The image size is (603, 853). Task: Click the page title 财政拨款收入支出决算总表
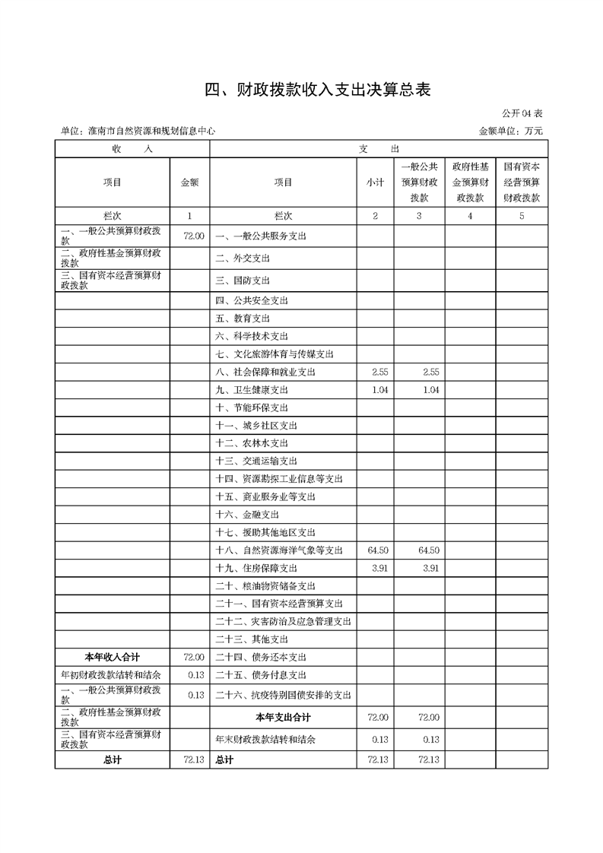[x=318, y=90]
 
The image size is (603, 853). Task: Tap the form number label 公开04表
[x=522, y=113]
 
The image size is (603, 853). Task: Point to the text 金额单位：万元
[x=511, y=131]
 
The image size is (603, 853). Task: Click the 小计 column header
[x=374, y=182]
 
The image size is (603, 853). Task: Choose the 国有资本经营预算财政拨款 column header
[x=521, y=182]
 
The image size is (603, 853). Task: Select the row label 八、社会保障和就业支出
[x=265, y=372]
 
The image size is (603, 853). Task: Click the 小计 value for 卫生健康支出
[x=377, y=390]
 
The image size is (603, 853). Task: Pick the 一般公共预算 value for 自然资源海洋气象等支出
[x=429, y=550]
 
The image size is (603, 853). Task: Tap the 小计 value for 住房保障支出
[x=379, y=568]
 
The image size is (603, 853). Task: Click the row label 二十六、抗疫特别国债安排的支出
[x=283, y=695]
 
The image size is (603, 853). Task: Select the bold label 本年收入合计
[x=112, y=657]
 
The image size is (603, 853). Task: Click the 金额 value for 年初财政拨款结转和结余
[x=195, y=675]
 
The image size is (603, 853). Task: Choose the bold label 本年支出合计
[x=283, y=717]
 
